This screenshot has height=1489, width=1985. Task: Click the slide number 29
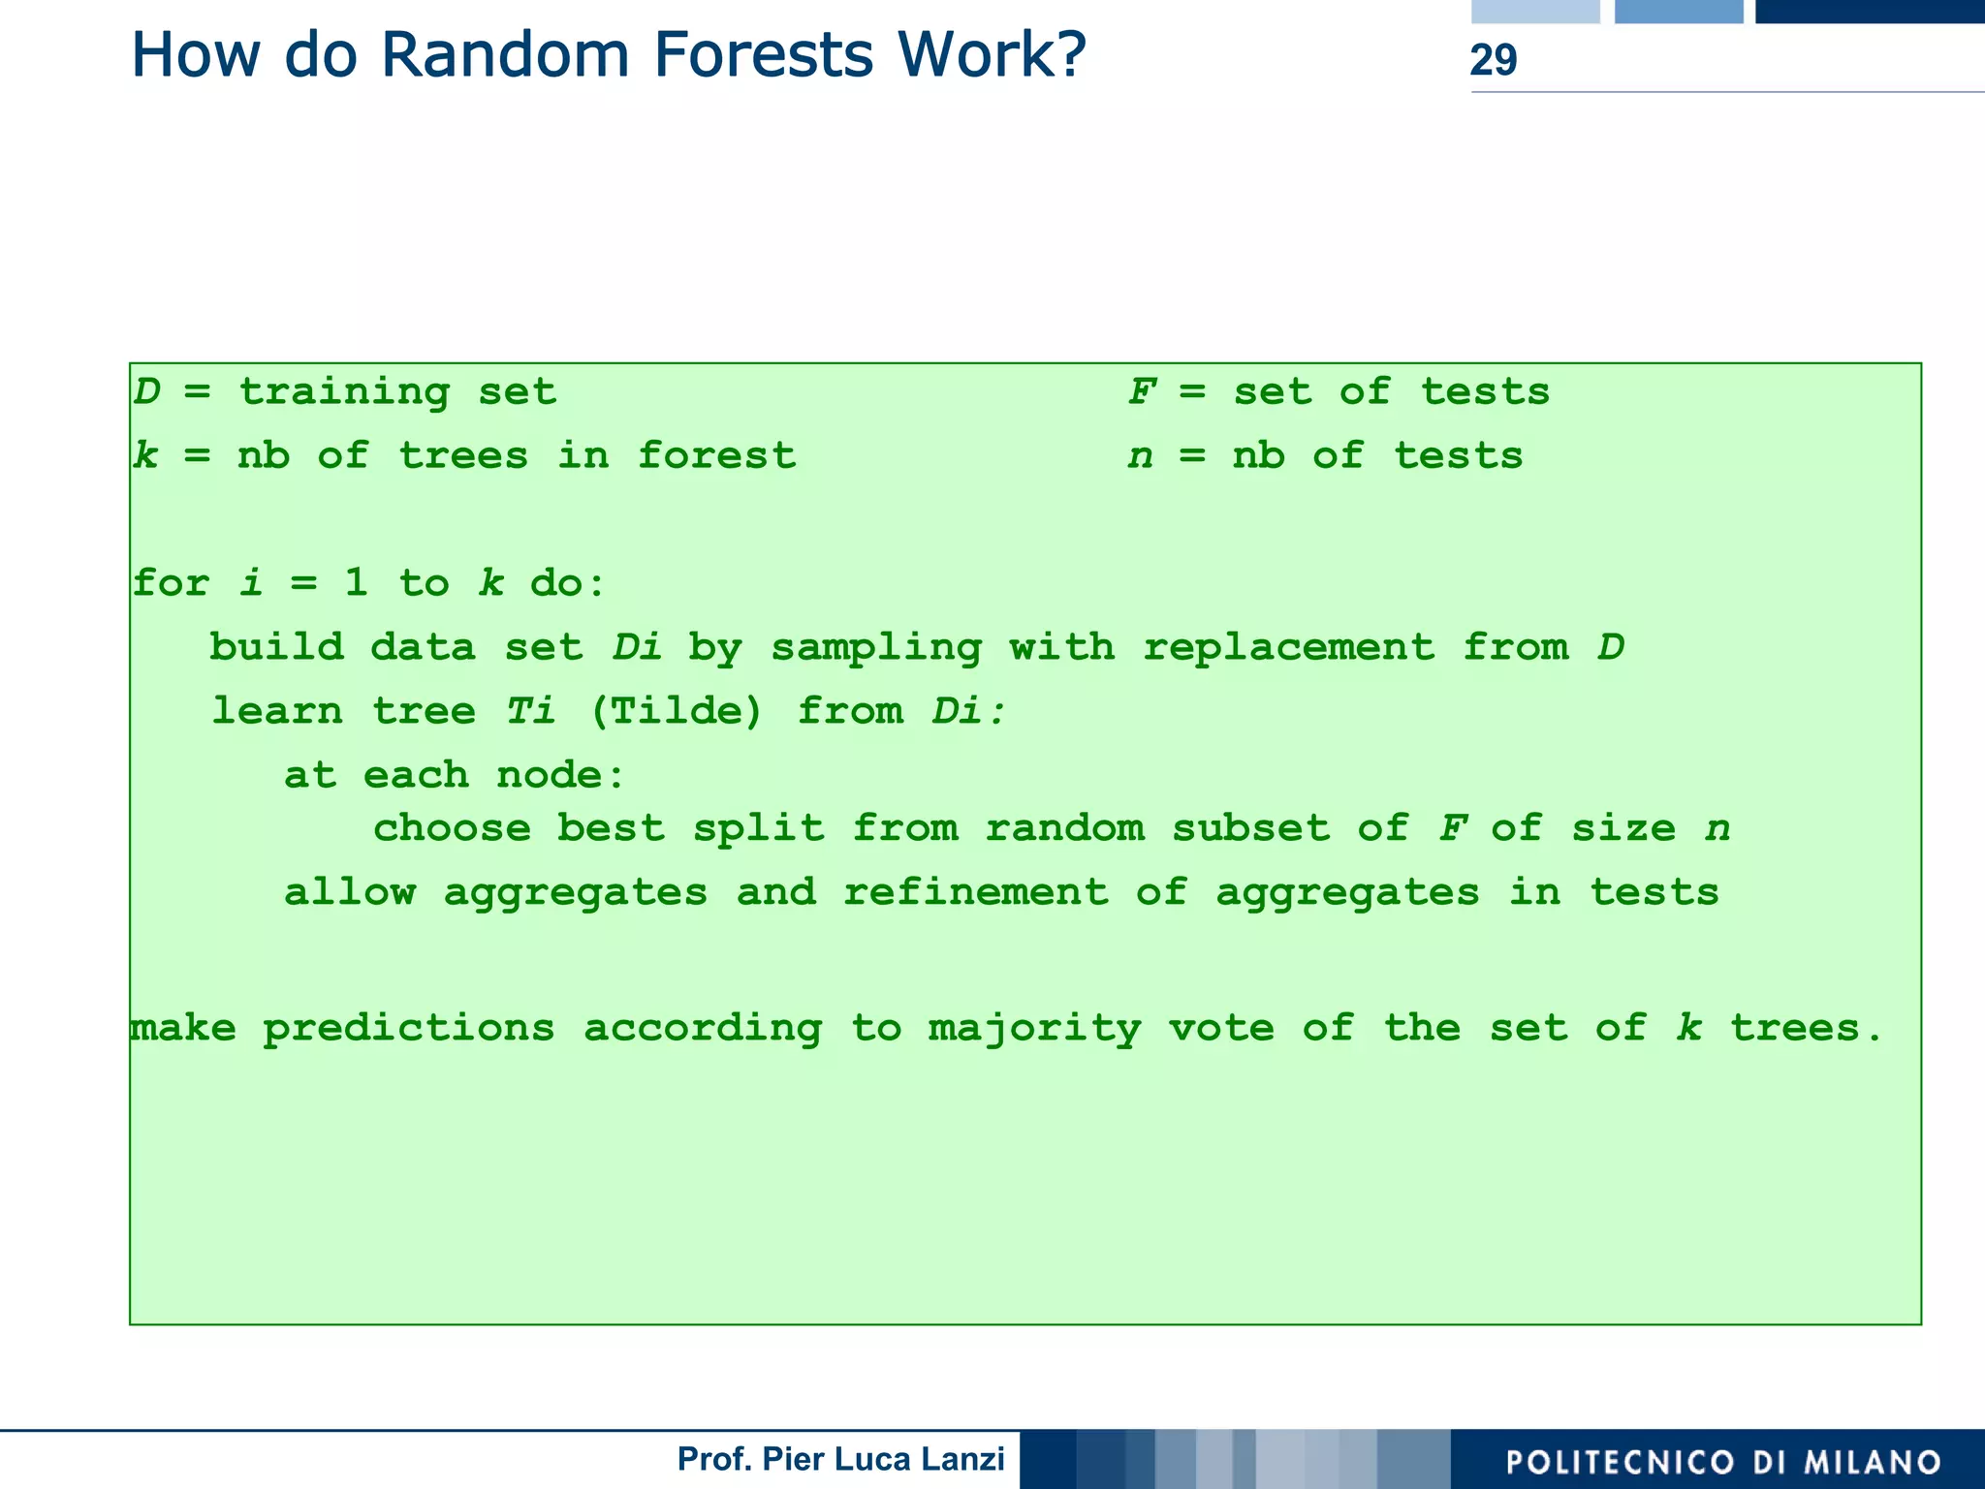pos(1493,60)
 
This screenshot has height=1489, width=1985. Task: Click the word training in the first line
pos(344,392)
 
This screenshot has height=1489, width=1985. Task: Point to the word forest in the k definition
pos(716,455)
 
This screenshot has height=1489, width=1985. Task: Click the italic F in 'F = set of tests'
pos(1142,392)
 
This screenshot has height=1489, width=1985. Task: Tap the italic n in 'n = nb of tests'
pos(1140,456)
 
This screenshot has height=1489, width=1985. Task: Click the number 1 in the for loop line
pos(357,583)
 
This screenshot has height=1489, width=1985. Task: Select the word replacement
pos(1288,647)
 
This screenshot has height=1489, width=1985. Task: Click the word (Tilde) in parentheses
pos(677,711)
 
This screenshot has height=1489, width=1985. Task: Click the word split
pos(758,828)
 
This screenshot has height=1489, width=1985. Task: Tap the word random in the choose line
pos(1064,828)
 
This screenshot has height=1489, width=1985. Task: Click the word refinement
pos(975,892)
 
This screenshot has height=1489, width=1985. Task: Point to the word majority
pos(1034,1029)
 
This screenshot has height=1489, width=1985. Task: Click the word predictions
pos(409,1029)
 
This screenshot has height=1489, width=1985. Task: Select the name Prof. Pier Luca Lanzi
pos(840,1459)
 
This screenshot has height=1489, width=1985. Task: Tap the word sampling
pos(876,647)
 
